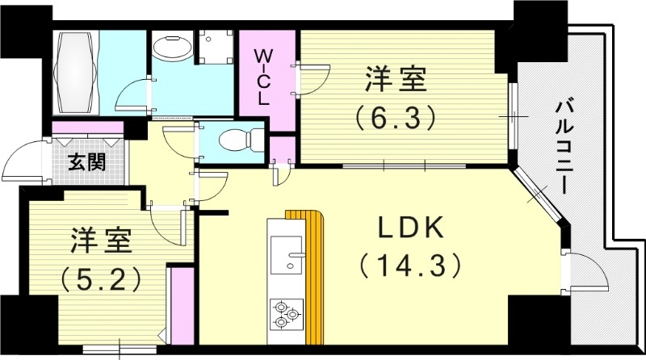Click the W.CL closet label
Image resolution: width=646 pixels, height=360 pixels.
[264, 73]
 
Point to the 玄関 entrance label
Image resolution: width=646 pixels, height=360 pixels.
[86, 162]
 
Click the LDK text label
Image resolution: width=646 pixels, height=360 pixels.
[411, 228]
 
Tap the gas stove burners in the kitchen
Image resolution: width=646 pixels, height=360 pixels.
[285, 313]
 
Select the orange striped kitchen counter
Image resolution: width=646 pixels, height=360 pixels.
[312, 274]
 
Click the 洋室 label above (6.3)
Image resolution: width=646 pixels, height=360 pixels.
[395, 82]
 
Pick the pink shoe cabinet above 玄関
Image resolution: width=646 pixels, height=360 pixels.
[86, 128]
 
